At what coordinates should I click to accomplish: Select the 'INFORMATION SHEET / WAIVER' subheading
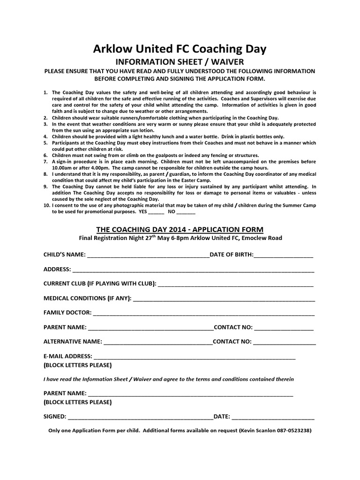click(180, 61)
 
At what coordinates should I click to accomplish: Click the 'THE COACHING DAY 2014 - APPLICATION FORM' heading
click(180, 229)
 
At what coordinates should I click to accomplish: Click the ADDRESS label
click(57, 270)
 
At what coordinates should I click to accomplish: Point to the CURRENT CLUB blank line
click(236, 285)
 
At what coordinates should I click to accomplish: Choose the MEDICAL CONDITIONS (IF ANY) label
click(88, 298)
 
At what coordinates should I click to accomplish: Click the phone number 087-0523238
click(292, 430)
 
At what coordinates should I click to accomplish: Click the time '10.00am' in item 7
click(62, 167)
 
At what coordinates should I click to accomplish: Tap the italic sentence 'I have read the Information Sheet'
click(168, 379)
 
